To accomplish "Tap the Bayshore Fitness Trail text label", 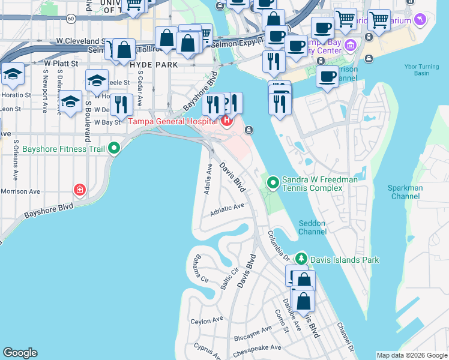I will click(x=62, y=149).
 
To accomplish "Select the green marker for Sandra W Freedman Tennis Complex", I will click(x=273, y=181).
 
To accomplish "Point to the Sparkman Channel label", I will click(x=406, y=192).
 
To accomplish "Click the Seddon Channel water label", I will click(x=312, y=227).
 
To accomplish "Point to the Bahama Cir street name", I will click(x=196, y=271).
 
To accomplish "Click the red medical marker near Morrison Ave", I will click(x=79, y=190).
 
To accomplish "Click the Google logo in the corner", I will click(x=20, y=353).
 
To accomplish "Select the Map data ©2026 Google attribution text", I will click(x=412, y=355).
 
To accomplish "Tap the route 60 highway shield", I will click(x=71, y=19).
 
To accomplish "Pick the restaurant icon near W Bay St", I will click(x=123, y=105).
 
